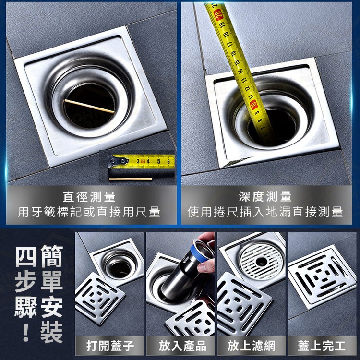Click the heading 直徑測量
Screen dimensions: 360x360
[89, 197]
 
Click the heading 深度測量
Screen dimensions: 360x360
[265, 196]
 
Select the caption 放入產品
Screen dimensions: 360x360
[182, 346]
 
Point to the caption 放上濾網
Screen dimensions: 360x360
[251, 346]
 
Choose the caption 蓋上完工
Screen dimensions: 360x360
[322, 346]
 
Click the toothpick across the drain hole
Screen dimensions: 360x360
[89, 106]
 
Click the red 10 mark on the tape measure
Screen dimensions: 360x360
[254, 105]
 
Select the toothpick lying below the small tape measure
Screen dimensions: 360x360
[131, 179]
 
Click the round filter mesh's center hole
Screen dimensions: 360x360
[262, 261]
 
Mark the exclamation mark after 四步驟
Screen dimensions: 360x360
[26, 332]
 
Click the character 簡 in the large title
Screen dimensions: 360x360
[52, 256]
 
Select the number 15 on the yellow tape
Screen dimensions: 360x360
[237, 62]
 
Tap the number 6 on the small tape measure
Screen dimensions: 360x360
[168, 161]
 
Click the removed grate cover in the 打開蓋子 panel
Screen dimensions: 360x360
[100, 299]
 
